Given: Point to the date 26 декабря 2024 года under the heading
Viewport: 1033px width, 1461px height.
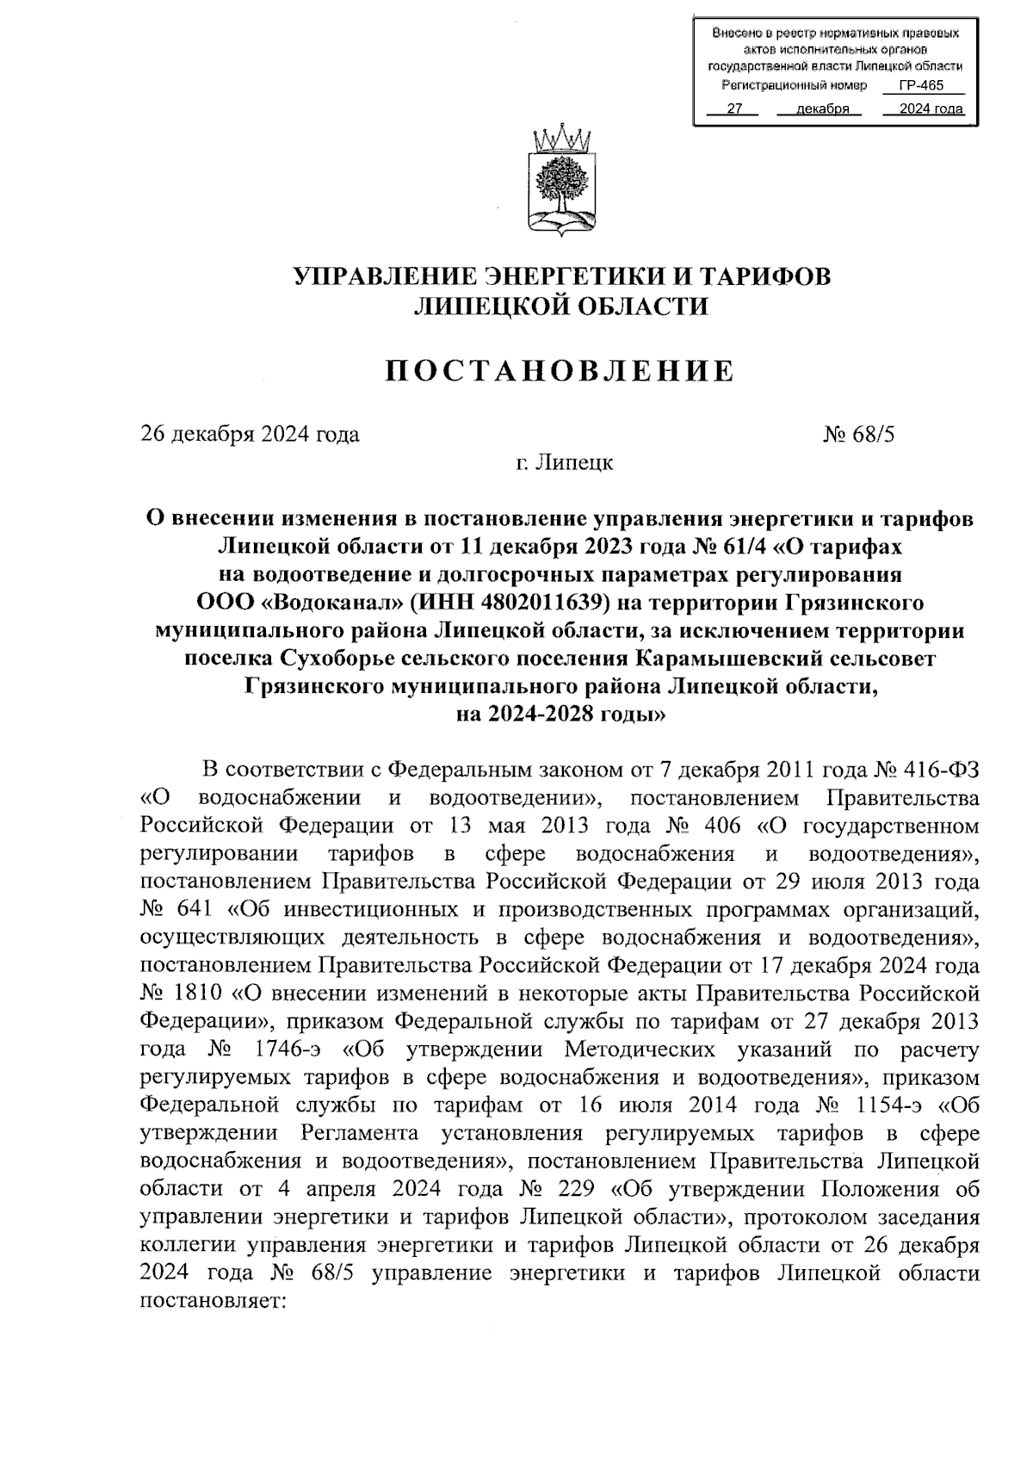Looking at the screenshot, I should [250, 434].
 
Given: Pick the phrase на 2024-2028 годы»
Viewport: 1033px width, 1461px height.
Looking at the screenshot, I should [560, 714].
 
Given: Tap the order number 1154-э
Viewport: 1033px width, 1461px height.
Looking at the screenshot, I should [888, 1105].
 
